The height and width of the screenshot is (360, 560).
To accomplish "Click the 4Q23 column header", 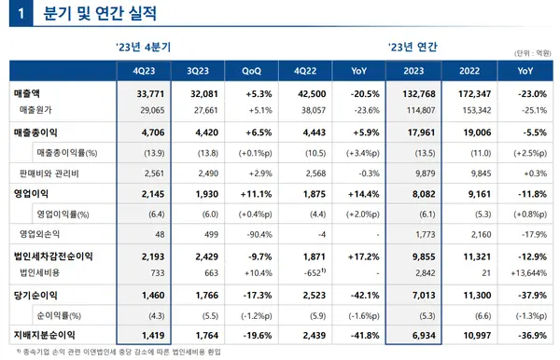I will point(144,71).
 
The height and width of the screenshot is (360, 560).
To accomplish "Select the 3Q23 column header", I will point(197,71).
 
